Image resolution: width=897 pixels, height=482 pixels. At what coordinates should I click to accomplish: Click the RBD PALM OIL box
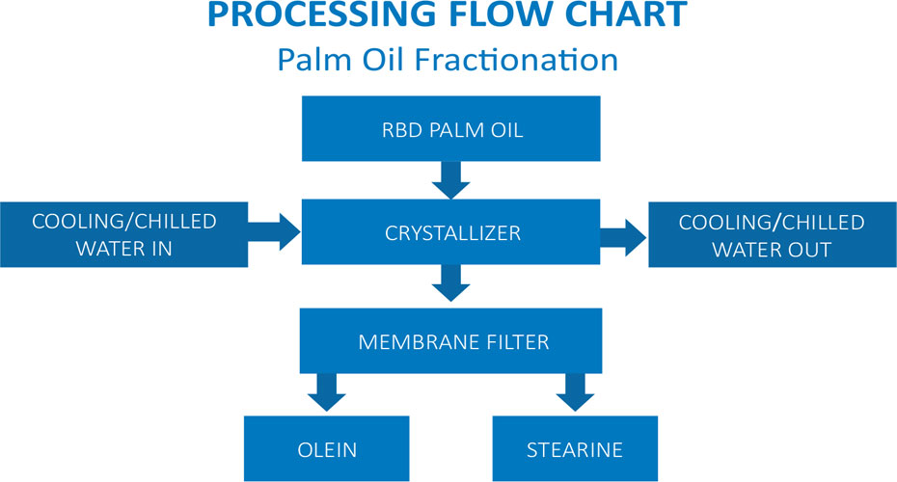click(x=450, y=128)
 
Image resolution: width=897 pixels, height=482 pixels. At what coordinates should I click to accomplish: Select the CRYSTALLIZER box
click(x=450, y=231)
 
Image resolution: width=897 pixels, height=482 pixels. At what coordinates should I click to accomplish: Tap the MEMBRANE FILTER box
click(x=450, y=340)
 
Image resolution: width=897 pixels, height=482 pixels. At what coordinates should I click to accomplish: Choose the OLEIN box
click(x=327, y=448)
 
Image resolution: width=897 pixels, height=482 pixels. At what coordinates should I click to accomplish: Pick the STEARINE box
click(x=575, y=448)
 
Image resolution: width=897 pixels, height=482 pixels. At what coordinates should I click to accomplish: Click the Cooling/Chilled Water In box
click(x=124, y=234)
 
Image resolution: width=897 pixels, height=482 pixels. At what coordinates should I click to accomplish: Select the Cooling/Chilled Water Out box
click(x=773, y=234)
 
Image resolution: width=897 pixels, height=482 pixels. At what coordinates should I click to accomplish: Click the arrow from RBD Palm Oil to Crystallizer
click(x=450, y=180)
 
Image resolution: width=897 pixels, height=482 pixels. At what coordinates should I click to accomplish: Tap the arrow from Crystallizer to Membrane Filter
click(x=450, y=282)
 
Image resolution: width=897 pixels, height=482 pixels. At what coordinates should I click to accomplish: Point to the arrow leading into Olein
click(x=327, y=392)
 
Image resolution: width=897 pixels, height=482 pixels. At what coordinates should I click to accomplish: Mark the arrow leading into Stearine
click(x=575, y=392)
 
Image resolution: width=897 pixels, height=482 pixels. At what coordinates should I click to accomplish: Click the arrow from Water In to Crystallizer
click(x=275, y=231)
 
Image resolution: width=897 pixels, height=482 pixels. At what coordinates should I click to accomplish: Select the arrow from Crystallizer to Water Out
click(x=623, y=237)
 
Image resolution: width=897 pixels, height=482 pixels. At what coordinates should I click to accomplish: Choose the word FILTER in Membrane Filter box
click(x=518, y=342)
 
